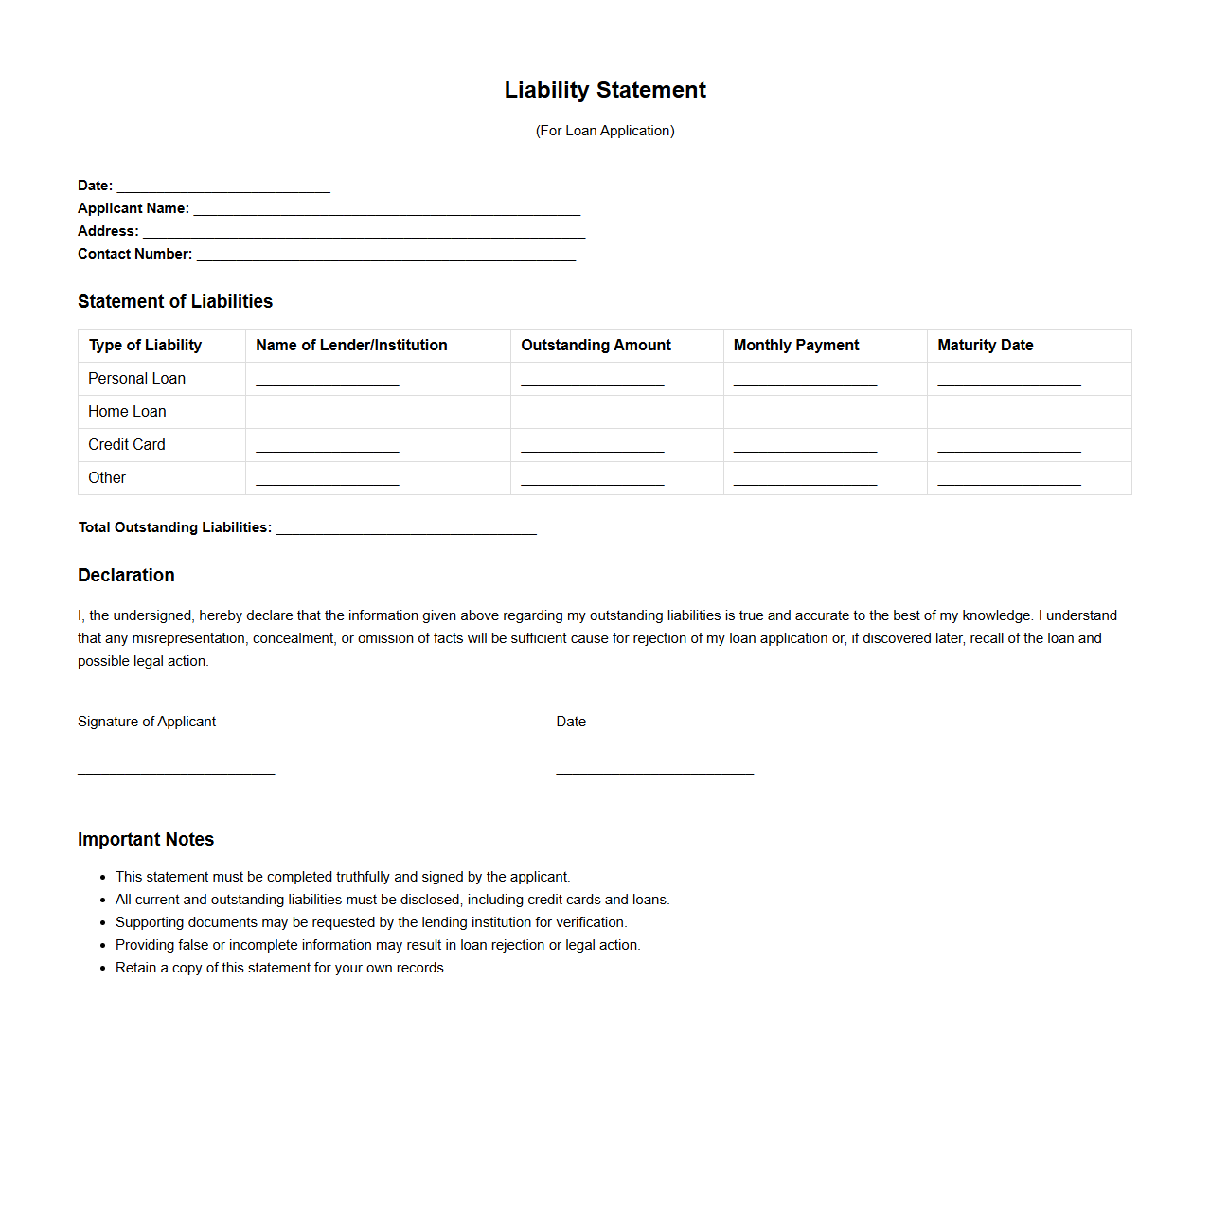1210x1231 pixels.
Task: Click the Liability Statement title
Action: coord(605,90)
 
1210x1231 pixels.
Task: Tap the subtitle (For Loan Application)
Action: coord(605,131)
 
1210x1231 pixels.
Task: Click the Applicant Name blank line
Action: coord(386,210)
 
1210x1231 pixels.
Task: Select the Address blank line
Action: coord(364,233)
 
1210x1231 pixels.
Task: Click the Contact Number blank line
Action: coord(386,256)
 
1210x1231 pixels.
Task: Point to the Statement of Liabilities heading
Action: coord(175,301)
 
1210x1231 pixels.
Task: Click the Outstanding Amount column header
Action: coord(596,346)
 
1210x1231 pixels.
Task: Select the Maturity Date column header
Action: coord(985,346)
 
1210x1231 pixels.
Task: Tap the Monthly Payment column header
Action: coord(796,346)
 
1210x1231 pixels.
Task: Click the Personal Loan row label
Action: coord(136,379)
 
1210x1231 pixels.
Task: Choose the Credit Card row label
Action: coord(126,445)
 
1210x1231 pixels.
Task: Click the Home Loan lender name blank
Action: coord(328,414)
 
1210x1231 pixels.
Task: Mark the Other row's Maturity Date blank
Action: coord(1009,480)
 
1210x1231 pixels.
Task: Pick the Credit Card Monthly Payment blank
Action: coord(805,447)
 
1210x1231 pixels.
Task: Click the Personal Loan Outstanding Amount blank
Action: coord(593,381)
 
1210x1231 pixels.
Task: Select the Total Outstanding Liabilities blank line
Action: coord(406,529)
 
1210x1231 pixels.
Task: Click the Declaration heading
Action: coord(126,575)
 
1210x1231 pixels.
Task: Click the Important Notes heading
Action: coord(146,839)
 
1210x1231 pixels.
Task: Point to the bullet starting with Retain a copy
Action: coord(281,968)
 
